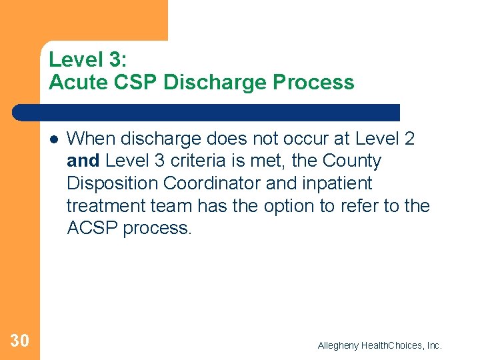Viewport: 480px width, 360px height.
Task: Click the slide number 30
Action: click(20, 341)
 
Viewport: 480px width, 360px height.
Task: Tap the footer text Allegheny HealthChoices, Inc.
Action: click(379, 345)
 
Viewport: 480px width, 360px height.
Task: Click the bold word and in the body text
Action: click(84, 161)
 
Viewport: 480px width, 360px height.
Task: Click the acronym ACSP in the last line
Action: click(93, 228)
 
